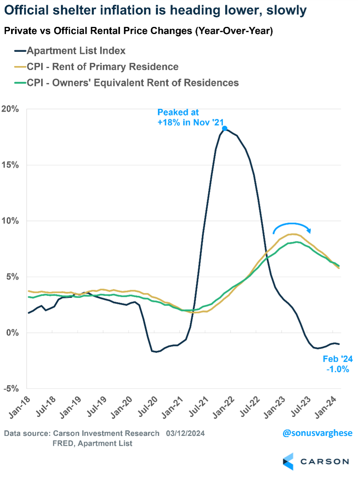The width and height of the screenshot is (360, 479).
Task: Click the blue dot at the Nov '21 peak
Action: (x=225, y=128)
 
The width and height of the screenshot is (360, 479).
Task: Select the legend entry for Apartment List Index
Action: (x=76, y=51)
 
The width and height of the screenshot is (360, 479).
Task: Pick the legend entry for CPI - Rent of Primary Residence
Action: (x=102, y=67)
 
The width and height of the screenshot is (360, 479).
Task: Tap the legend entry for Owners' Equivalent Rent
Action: (x=133, y=82)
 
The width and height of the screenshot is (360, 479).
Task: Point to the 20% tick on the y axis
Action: (x=10, y=109)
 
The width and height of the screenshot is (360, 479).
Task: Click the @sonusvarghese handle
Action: (x=317, y=433)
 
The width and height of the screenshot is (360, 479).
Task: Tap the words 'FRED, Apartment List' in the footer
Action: (x=93, y=443)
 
